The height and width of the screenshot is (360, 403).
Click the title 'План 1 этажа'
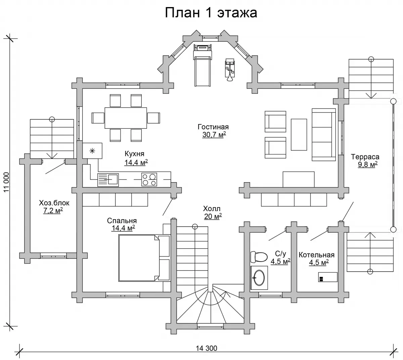click(211, 13)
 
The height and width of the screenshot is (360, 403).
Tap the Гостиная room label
click(213, 127)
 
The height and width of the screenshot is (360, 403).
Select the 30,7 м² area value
click(214, 135)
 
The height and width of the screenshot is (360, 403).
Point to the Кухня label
click(134, 154)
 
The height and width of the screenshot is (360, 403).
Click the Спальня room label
click(122, 221)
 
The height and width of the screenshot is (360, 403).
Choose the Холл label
click(212, 209)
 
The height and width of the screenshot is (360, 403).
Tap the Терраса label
click(365, 157)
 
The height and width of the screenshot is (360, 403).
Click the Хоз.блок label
click(54, 203)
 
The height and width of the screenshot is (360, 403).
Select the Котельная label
click(316, 255)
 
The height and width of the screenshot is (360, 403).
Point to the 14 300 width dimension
click(207, 348)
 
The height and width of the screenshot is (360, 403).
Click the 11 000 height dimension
click(7, 182)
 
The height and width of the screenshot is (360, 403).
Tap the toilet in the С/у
click(259, 257)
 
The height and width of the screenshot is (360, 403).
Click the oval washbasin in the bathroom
click(259, 278)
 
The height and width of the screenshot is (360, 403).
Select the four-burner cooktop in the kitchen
click(149, 179)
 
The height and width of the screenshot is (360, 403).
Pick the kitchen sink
click(108, 180)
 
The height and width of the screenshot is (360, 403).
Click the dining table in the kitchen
click(126, 118)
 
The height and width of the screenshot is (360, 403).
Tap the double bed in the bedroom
click(144, 258)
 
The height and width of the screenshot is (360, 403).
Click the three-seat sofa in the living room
click(324, 134)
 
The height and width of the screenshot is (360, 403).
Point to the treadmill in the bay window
click(202, 65)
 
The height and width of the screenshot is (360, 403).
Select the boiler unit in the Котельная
click(328, 277)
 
